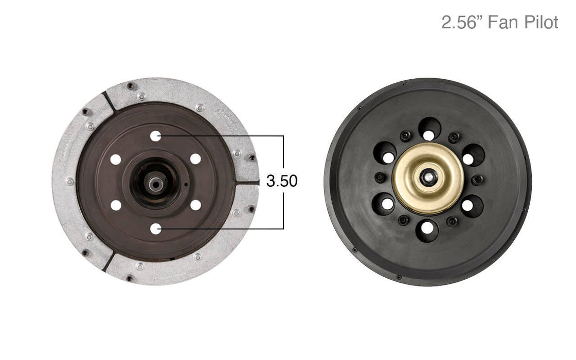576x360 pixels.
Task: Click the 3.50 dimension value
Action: (282, 181)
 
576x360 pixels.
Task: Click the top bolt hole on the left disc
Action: (156, 136)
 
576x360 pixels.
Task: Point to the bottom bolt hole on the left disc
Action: (156, 228)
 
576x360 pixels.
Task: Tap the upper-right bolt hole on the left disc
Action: (195, 159)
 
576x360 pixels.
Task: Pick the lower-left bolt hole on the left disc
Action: (116, 205)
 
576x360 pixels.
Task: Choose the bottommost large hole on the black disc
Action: (427, 230)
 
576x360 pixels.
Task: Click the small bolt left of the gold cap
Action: (380, 178)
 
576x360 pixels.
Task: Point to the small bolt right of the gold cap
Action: (477, 179)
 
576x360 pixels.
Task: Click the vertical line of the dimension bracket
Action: (283, 154)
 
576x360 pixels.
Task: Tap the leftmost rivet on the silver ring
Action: (69, 182)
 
